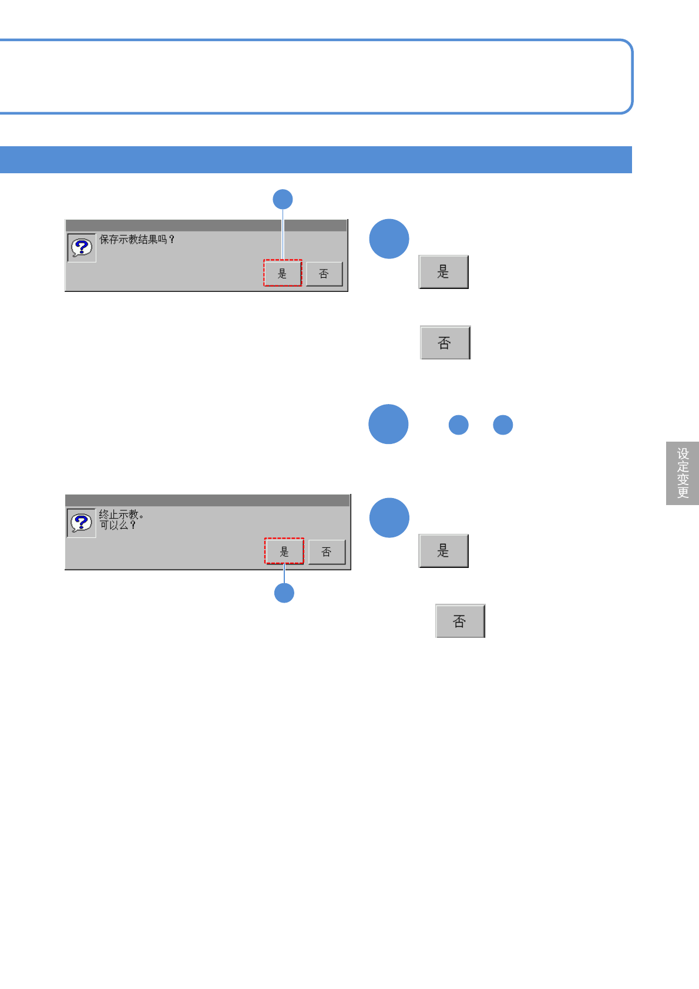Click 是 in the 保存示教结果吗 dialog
(x=283, y=274)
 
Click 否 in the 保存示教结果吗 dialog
(x=324, y=274)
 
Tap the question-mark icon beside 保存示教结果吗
(x=82, y=247)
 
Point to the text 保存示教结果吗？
(x=137, y=240)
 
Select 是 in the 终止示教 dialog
(x=284, y=551)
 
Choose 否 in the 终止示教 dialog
(x=327, y=552)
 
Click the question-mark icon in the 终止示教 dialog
(x=82, y=522)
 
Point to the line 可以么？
(x=117, y=525)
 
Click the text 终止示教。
(x=121, y=514)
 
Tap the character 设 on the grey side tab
(x=683, y=454)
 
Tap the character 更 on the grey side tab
(x=683, y=492)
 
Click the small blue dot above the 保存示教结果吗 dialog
(x=283, y=199)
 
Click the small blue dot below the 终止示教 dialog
(x=284, y=593)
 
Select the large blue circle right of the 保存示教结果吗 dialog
(x=389, y=239)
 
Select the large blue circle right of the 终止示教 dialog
(x=389, y=517)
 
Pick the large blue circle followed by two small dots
(x=388, y=424)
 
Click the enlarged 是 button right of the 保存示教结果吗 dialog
(x=443, y=272)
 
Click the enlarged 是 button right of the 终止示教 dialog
(x=443, y=551)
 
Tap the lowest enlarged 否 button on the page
(x=460, y=621)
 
